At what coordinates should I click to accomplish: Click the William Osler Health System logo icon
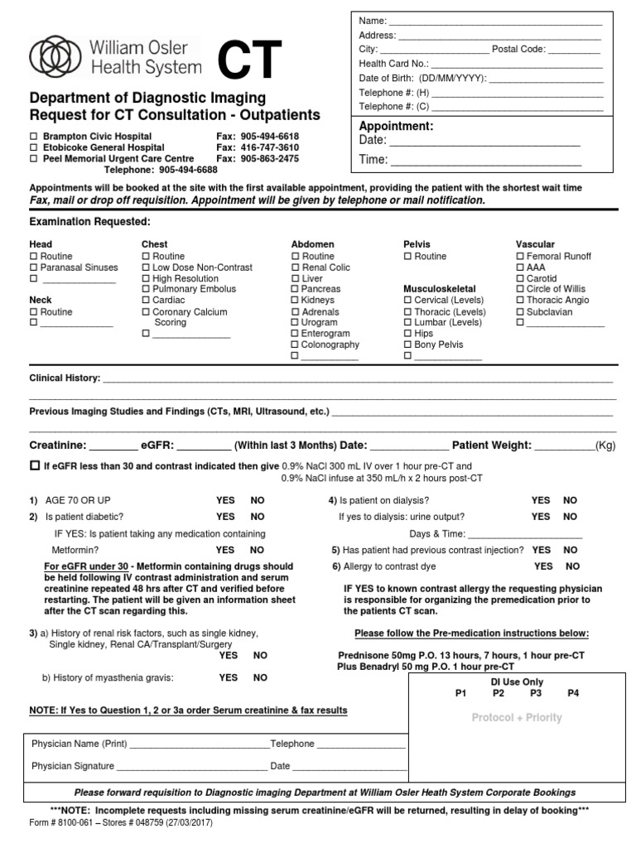(x=55, y=56)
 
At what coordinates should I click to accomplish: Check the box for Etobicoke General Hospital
(x=34, y=147)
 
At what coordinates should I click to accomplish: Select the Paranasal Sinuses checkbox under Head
(x=34, y=267)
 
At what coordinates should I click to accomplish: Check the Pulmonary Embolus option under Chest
(x=147, y=290)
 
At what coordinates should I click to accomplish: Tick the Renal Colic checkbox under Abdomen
(x=296, y=267)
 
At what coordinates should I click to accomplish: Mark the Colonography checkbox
(x=296, y=344)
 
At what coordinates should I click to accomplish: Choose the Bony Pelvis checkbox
(x=407, y=344)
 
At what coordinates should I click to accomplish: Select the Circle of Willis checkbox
(x=520, y=290)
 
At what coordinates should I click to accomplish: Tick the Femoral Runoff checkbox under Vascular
(x=520, y=257)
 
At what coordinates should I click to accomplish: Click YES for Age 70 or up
(x=225, y=500)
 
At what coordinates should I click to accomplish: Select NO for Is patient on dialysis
(x=571, y=500)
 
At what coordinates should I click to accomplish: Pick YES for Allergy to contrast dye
(x=544, y=566)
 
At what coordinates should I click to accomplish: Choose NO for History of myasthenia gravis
(x=260, y=677)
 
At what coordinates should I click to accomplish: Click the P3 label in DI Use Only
(x=536, y=693)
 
